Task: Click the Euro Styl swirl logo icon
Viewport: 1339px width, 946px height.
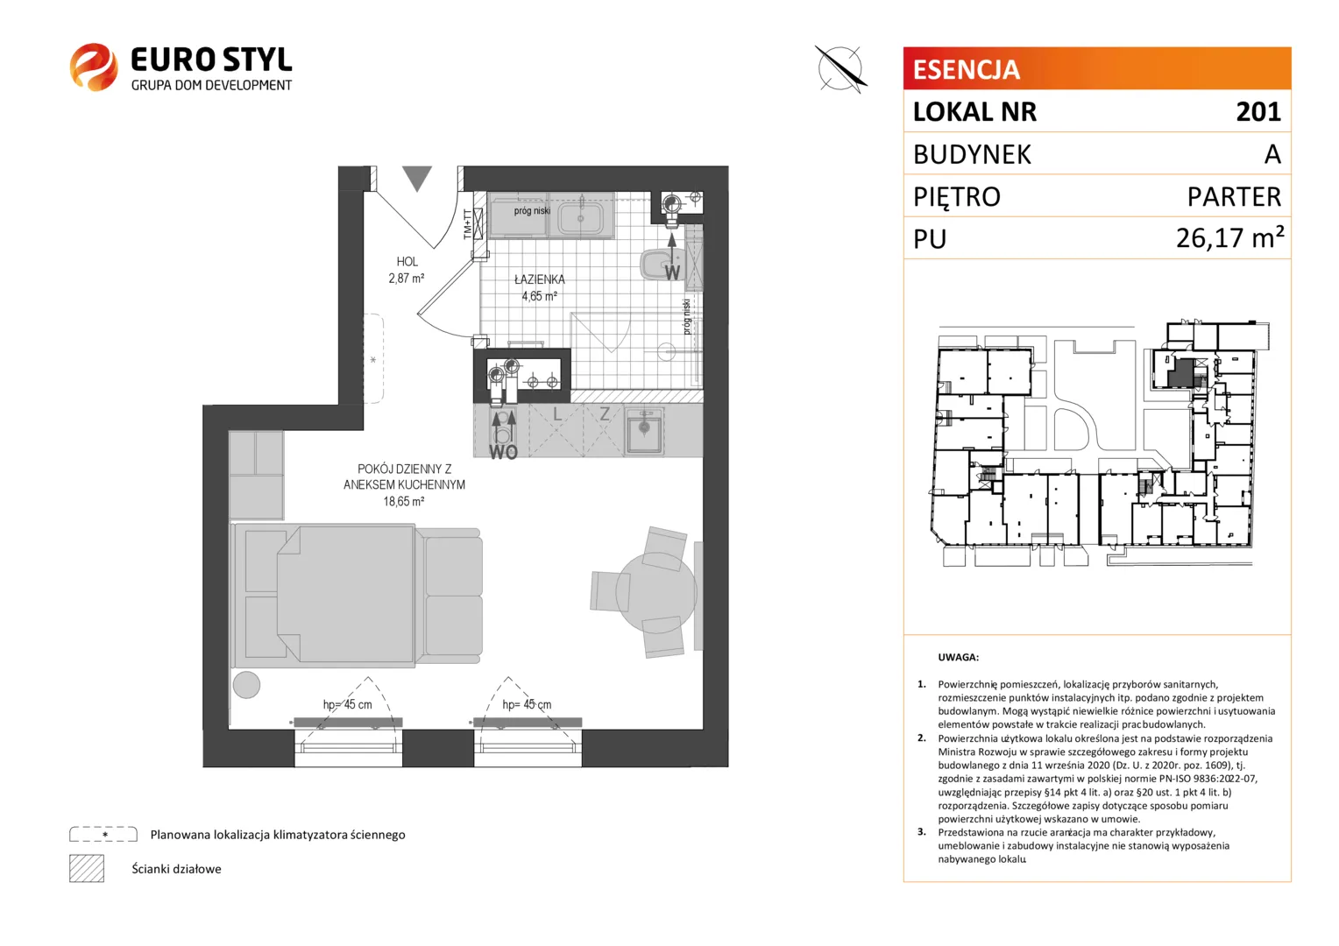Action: (x=94, y=67)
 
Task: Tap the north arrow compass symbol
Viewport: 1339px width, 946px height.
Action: (x=840, y=68)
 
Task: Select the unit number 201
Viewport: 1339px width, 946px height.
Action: (x=1258, y=112)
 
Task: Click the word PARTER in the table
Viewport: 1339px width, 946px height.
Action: (x=1234, y=196)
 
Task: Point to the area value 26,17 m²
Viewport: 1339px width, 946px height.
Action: (x=1229, y=238)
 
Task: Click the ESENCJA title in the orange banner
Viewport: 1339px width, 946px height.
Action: (x=966, y=69)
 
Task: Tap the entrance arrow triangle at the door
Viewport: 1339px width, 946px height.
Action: (x=416, y=179)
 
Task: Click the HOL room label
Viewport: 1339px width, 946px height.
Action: (x=407, y=262)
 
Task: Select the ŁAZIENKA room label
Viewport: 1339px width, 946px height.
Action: (x=540, y=279)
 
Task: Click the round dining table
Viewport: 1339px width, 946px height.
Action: (x=656, y=592)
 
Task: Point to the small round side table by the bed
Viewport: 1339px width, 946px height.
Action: (x=246, y=684)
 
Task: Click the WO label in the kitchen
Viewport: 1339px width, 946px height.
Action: (x=503, y=452)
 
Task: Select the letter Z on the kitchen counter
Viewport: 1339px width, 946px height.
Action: (x=605, y=413)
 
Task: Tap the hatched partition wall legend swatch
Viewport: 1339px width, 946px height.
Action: (x=87, y=868)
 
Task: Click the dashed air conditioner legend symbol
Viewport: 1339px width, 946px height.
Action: (x=103, y=834)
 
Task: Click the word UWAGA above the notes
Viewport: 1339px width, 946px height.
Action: (x=958, y=657)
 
